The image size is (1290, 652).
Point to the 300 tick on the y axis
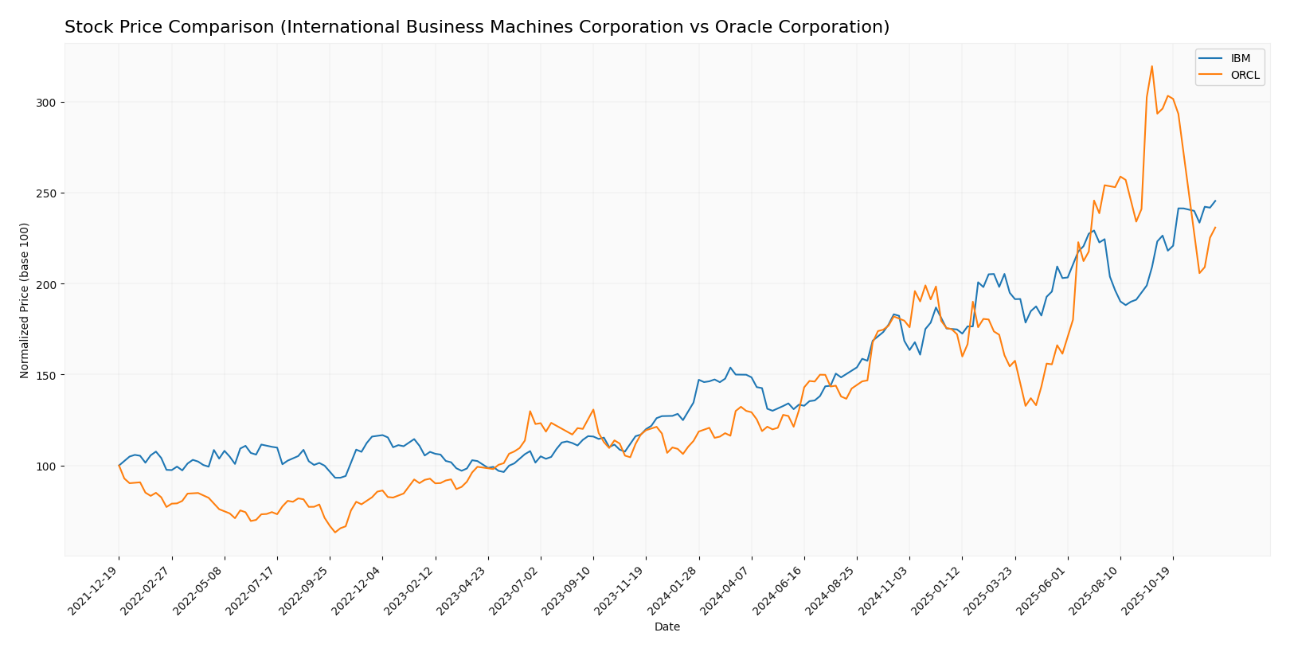tap(45, 103)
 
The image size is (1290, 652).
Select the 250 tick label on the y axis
tap(45, 193)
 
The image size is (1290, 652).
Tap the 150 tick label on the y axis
tap(45, 375)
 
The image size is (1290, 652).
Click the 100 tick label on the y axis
tap(45, 466)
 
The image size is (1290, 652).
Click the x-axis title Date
tap(666, 627)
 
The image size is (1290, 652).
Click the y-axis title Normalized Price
tap(25, 300)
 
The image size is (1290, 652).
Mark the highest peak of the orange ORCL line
tap(1151, 66)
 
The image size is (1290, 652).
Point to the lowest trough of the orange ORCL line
tap(335, 532)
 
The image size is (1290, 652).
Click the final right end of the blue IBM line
tap(1215, 201)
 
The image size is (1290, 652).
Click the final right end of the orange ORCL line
tap(1215, 228)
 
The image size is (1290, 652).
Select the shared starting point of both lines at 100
tap(119, 466)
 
